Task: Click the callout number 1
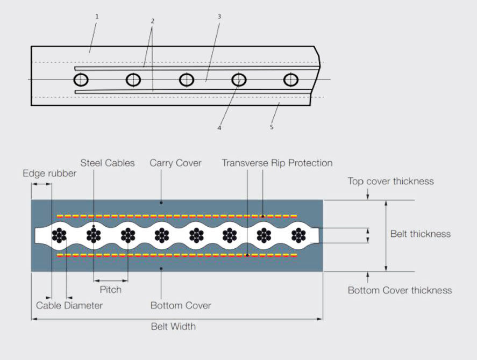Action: (97, 17)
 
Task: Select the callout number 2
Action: (153, 21)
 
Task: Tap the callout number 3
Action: (219, 17)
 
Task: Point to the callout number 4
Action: (219, 128)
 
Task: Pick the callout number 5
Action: (272, 127)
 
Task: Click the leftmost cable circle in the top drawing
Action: (81, 80)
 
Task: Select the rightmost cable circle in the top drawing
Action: (291, 80)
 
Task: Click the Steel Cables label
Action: (108, 163)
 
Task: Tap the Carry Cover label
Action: (175, 163)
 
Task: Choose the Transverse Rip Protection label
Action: (277, 163)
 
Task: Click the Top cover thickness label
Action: (390, 181)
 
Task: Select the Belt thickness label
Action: (421, 234)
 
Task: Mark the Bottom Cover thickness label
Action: (400, 290)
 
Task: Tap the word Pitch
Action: (111, 290)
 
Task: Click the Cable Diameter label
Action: (69, 305)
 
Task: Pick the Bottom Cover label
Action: (181, 305)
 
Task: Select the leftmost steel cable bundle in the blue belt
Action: (59, 235)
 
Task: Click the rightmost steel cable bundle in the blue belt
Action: (298, 235)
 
